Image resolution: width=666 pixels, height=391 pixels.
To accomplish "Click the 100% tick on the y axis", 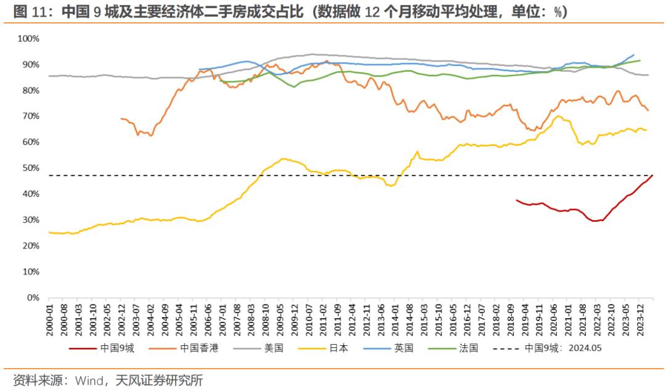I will pos(28,38).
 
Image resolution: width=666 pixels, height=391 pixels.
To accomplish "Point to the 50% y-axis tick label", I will pos(30,168).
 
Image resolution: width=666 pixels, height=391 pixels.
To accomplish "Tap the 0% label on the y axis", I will pos(32,298).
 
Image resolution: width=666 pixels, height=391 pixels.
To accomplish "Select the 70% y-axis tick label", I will pos(30,116).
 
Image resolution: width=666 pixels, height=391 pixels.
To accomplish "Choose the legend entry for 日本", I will pos(339,348).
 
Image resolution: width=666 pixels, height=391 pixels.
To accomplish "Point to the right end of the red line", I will pos(652,175).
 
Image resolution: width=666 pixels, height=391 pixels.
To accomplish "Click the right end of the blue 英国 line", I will pos(634,54).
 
